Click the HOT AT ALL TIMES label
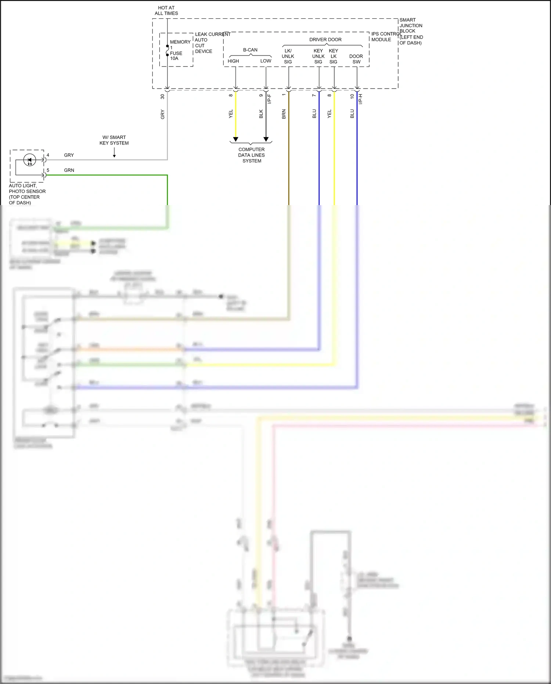166,10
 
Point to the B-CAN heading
250,50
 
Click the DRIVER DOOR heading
325,39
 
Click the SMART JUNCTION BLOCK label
411,31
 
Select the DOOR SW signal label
356,59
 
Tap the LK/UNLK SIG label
288,56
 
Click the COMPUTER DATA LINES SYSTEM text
251,155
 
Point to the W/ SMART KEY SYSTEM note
114,140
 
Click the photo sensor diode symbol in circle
30,160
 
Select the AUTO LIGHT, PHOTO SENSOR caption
27,194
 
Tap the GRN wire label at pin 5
69,170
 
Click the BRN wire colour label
284,114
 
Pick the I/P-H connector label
360,99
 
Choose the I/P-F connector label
269,99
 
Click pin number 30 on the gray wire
162,96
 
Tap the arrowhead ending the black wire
266,139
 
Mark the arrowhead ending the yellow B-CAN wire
235,139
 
